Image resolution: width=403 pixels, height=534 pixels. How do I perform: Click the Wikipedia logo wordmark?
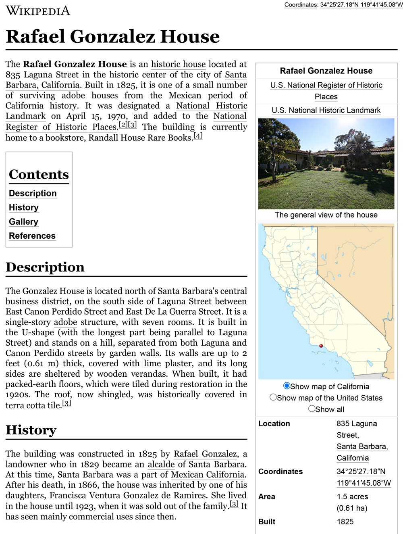[38, 10]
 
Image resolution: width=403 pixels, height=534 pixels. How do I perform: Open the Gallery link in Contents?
[23, 222]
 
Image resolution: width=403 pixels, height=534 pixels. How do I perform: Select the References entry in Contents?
[32, 236]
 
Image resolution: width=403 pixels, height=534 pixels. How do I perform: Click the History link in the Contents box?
[24, 208]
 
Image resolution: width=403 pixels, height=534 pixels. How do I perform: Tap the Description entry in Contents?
[33, 194]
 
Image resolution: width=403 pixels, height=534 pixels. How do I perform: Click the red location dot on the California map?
[321, 346]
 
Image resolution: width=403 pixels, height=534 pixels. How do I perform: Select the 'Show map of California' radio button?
[287, 386]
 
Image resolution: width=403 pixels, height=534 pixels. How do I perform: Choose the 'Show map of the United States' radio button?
[273, 397]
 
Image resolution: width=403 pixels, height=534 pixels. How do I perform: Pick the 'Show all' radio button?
[312, 409]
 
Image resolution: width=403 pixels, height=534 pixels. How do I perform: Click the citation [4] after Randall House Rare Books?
[198, 136]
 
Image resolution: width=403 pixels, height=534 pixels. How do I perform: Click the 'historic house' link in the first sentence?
[178, 64]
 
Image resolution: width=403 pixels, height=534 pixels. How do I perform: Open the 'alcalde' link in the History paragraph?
[161, 464]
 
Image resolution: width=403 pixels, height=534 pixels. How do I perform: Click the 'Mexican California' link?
[208, 475]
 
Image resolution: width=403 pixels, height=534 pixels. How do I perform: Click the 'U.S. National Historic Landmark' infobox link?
[326, 110]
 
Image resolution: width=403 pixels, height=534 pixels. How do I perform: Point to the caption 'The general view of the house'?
[326, 215]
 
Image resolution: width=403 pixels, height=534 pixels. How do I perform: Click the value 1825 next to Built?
[345, 521]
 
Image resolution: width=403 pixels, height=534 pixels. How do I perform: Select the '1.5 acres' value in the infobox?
[352, 496]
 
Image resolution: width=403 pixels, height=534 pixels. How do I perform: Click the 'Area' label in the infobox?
[267, 496]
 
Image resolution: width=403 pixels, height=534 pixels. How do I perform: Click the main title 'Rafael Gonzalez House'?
[113, 36]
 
